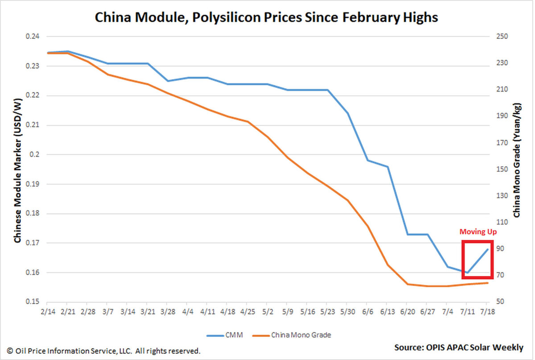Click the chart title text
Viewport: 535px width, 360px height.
(267, 18)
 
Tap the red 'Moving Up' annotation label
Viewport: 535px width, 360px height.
(478, 232)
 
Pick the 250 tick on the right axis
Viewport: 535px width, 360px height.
(502, 37)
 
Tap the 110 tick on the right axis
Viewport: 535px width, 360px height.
(502, 222)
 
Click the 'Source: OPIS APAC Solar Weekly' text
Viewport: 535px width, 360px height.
(458, 347)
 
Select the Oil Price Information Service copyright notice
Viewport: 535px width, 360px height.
(103, 351)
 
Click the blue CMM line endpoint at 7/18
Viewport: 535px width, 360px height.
(487, 248)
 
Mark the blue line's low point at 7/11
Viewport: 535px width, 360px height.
(467, 272)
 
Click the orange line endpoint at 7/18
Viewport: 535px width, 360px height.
(487, 283)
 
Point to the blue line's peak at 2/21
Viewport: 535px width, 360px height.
(67, 51)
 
